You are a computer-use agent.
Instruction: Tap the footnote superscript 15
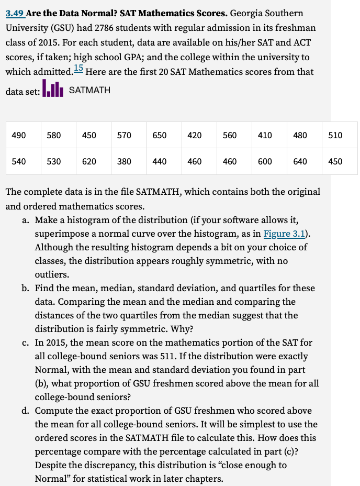click(x=78, y=68)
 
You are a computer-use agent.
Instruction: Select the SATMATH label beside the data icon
click(x=89, y=90)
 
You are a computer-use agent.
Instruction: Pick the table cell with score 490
click(x=19, y=135)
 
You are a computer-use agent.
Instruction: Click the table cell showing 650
click(x=160, y=135)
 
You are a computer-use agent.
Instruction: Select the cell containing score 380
click(x=124, y=161)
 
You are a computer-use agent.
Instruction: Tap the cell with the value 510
click(x=335, y=135)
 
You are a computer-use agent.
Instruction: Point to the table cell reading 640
click(x=300, y=161)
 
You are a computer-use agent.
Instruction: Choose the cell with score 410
click(x=265, y=135)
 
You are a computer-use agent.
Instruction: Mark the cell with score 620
click(x=89, y=161)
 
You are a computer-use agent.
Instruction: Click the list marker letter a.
click(x=25, y=220)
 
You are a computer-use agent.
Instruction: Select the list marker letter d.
click(x=25, y=411)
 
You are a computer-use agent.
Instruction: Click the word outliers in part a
click(x=51, y=274)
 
